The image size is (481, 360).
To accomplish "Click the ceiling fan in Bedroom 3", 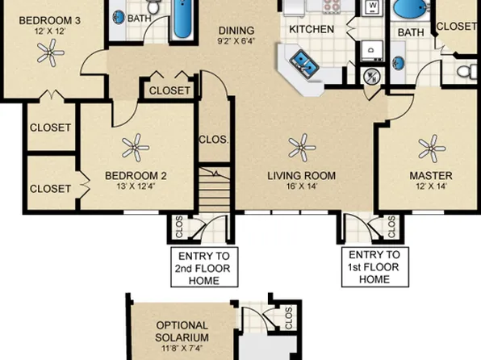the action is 50,52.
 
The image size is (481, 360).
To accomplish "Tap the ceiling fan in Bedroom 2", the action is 136,148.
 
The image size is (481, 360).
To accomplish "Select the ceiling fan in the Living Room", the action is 302,148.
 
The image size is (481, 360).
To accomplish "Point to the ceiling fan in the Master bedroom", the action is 432,149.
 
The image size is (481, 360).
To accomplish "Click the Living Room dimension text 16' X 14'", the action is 302,186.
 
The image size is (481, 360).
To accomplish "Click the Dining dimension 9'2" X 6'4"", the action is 236,41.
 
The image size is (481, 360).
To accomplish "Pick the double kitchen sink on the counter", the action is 303,64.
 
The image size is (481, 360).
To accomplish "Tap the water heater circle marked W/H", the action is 372,76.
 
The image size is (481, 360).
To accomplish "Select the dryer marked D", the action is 372,50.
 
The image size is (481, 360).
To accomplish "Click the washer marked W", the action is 373,6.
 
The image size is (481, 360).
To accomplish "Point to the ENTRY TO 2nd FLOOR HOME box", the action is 204,266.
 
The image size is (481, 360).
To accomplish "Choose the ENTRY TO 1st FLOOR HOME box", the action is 374,266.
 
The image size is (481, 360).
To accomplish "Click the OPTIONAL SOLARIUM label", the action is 182,331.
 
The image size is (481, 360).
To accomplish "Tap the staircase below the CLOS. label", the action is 215,190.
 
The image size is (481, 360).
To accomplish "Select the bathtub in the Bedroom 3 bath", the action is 182,19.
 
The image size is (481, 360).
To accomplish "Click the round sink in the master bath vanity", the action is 398,64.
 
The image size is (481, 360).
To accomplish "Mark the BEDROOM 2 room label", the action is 136,176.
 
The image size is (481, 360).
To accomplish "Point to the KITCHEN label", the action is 312,30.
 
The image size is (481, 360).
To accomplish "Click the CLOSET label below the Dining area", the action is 169,90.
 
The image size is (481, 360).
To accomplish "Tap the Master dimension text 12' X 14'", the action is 431,186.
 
